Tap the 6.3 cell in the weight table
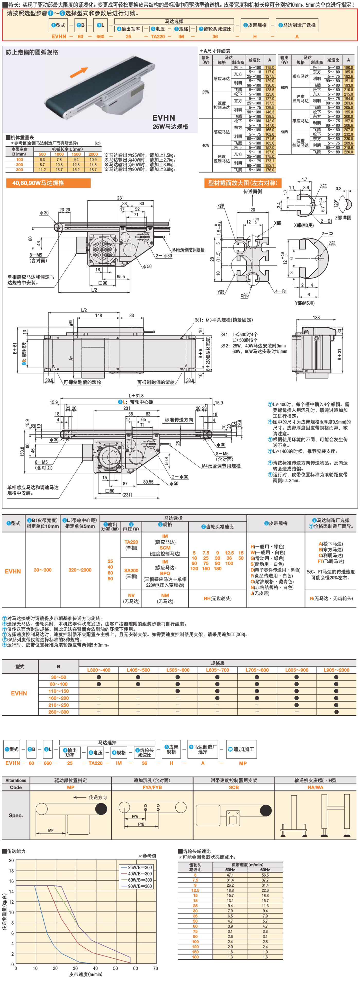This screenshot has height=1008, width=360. point(42,160)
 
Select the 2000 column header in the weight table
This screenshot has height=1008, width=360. point(93,154)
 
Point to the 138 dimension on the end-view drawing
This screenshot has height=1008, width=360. point(316,318)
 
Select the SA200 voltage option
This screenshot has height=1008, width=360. point(131,570)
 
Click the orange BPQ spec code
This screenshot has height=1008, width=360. point(165,573)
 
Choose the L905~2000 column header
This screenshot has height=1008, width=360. point(336,670)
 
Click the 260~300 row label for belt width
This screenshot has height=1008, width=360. point(58,712)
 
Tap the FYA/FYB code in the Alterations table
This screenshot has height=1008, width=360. point(152,787)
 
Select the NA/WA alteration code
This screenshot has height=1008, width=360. point(316,787)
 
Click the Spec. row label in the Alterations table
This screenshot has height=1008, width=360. point(16,815)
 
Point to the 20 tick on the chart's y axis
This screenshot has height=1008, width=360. point(11,860)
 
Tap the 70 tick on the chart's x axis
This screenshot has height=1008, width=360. point(155,968)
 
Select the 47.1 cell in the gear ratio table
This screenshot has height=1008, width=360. point(230,875)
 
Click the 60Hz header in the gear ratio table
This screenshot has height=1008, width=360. point(265,870)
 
